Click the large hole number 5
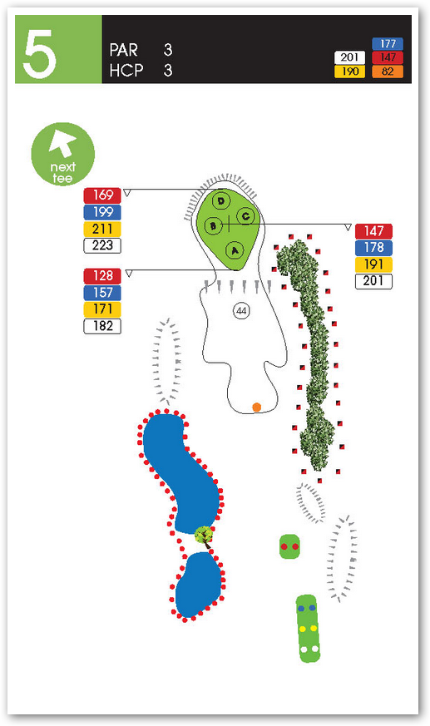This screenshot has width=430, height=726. click(39, 54)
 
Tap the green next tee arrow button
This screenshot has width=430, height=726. click(62, 154)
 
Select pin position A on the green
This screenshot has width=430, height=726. click(235, 251)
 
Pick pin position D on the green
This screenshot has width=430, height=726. click(221, 201)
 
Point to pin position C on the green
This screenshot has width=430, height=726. click(245, 216)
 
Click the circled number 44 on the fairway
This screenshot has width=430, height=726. click(241, 311)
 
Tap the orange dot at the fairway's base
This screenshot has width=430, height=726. click(256, 407)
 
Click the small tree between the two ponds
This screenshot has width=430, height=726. click(204, 536)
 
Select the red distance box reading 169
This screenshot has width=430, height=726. click(102, 195)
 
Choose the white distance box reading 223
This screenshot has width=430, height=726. click(102, 245)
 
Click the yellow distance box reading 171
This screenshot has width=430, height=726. click(102, 309)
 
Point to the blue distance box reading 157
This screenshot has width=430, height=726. click(102, 293)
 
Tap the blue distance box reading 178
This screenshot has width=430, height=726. click(373, 248)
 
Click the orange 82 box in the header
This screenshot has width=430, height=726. click(388, 72)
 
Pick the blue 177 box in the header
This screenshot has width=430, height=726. click(388, 44)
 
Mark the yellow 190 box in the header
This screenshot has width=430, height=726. click(350, 72)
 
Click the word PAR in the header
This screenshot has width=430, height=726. click(124, 50)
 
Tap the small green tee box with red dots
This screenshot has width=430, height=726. click(289, 546)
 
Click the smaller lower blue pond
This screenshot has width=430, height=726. click(199, 585)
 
